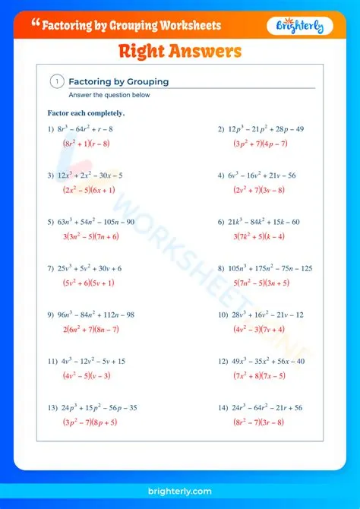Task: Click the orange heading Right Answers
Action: (180, 52)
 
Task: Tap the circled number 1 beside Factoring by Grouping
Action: (57, 81)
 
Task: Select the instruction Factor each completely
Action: (86, 113)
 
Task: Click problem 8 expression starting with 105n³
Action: (270, 268)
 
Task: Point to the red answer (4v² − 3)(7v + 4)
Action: (259, 329)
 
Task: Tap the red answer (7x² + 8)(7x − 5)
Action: (260, 375)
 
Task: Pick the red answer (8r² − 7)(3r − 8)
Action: (259, 422)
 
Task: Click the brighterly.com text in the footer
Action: (180, 492)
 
